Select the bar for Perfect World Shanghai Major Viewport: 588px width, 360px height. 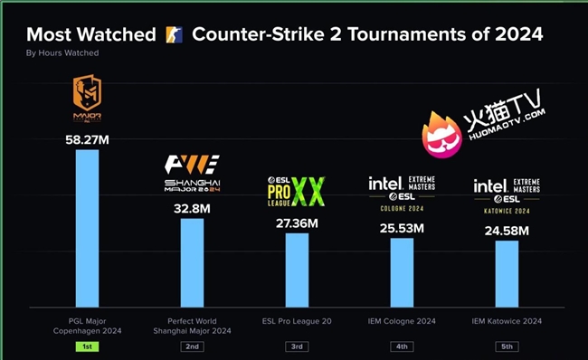pyautogui.click(x=192, y=262)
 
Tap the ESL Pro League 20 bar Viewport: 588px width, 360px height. pyautogui.click(x=297, y=270)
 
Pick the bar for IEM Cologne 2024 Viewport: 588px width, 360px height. pyautogui.click(x=402, y=271)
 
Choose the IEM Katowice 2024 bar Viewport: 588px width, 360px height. pyautogui.click(x=507, y=273)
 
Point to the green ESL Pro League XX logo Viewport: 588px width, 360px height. pyautogui.click(x=296, y=191)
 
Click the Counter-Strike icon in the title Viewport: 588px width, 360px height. pyautogui.click(x=175, y=35)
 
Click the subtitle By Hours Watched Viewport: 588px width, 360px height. pyautogui.click(x=62, y=53)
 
